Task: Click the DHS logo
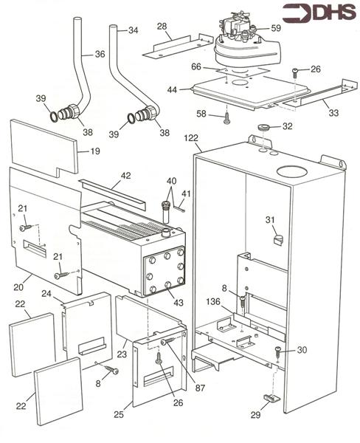coord(319,13)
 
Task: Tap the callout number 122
coord(191,139)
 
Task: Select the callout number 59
coord(276,28)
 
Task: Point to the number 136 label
coord(213,302)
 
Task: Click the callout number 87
coord(200,388)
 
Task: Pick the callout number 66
coord(196,67)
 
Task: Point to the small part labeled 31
coord(278,239)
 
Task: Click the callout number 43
coord(179,303)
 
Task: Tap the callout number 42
coord(126,176)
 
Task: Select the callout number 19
coord(95,151)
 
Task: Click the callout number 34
coord(134,30)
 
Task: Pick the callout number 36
coord(100,54)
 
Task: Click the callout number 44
coord(172,90)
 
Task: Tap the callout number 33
coord(333,113)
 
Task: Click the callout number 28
coord(162,27)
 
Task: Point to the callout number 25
coord(120,414)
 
